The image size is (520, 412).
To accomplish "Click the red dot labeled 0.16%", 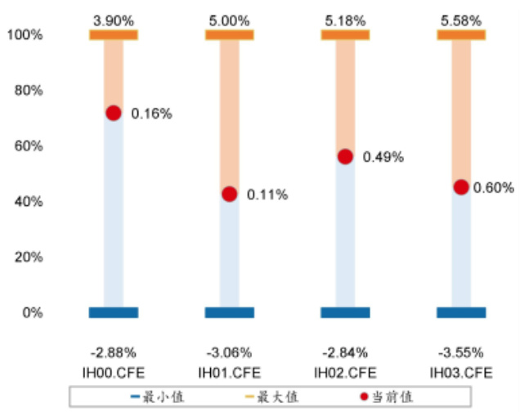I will coord(114,113).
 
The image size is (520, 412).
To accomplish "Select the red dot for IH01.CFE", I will coord(230,194).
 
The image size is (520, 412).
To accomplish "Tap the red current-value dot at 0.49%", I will coord(345,156).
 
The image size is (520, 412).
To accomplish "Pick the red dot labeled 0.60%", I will coord(461,187).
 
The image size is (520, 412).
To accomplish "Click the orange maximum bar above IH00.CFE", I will coord(114,34).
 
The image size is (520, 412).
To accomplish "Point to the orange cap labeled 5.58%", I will coord(461,34).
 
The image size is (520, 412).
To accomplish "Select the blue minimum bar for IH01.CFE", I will coord(230,312).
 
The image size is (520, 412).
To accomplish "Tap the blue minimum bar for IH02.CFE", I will coord(345,312).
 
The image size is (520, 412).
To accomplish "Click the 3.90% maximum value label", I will coord(114,18).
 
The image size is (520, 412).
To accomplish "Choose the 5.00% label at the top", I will coord(230,18).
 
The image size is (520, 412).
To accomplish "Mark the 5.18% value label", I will coord(345,18).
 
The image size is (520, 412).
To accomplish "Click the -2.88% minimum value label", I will coord(114,353).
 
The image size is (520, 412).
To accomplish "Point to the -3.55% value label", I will coord(461,353).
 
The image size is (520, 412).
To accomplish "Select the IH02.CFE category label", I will coord(345,372).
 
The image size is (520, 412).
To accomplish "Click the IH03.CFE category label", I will coord(461,372).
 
